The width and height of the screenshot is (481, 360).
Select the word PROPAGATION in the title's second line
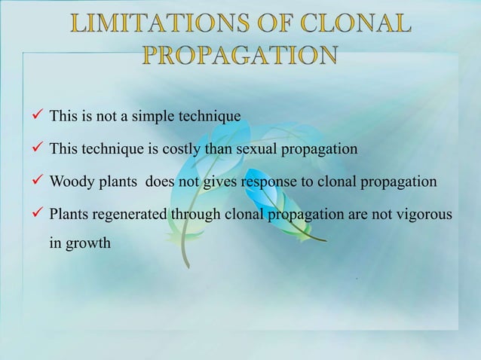pyautogui.click(x=240, y=57)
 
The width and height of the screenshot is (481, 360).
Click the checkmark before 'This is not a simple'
pyautogui.click(x=35, y=116)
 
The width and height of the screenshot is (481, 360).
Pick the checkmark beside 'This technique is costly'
pyautogui.click(x=35, y=148)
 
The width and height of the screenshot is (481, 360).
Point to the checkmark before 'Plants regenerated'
pyautogui.click(x=35, y=214)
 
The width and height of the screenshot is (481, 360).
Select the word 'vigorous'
pyautogui.click(x=423, y=215)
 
